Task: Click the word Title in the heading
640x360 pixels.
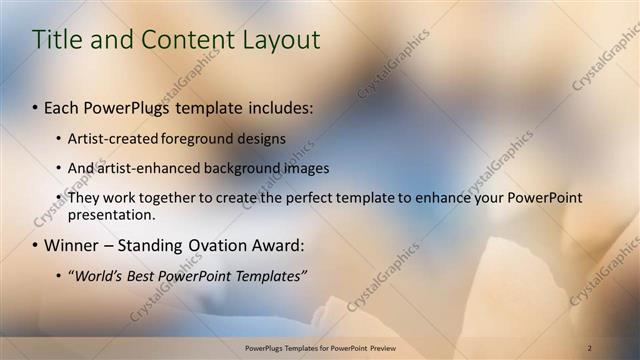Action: pyautogui.click(x=57, y=40)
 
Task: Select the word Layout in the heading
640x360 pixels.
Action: pyautogui.click(x=282, y=40)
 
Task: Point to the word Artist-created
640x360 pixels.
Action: pyautogui.click(x=110, y=138)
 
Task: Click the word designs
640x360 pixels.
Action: pyautogui.click(x=262, y=138)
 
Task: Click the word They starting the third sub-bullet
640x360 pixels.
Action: pyautogui.click(x=83, y=198)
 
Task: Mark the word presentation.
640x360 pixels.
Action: pyautogui.click(x=111, y=214)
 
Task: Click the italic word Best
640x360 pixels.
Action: pyautogui.click(x=146, y=275)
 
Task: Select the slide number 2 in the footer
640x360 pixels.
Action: pyautogui.click(x=589, y=347)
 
